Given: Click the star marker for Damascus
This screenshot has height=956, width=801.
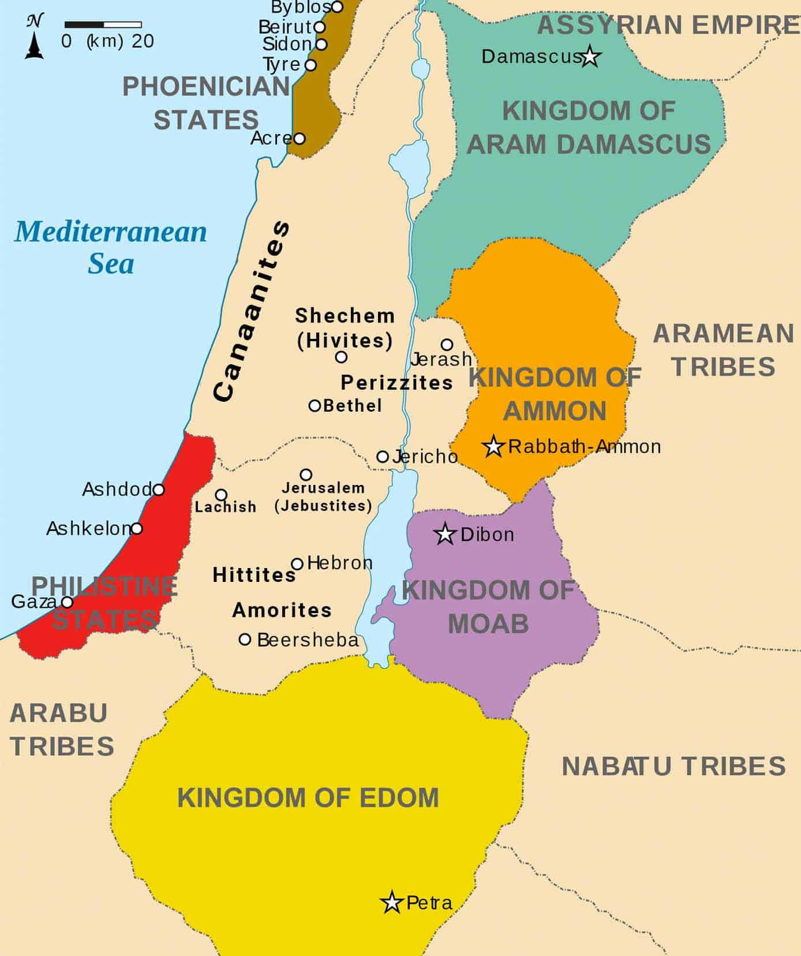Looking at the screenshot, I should (x=590, y=57).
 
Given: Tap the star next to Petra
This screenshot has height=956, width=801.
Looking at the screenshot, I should (x=392, y=902).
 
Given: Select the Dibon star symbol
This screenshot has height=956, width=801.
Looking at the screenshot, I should (x=445, y=534).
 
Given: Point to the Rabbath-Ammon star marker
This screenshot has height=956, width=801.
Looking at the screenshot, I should (x=493, y=446).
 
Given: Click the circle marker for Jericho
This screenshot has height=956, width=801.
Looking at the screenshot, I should (x=383, y=457).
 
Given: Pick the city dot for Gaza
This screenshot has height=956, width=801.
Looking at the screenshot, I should (x=67, y=602).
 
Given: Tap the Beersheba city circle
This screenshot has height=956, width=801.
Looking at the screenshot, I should (x=245, y=640).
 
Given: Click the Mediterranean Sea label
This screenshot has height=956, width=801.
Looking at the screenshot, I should (x=110, y=247).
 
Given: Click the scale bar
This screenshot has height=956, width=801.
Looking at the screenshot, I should (x=103, y=25).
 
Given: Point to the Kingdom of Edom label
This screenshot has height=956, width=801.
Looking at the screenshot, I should (x=308, y=798).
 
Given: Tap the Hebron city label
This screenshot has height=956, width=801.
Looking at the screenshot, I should (x=339, y=563).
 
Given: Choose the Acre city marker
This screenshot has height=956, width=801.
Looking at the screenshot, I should (x=299, y=139).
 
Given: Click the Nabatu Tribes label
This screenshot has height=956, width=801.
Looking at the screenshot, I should (x=673, y=767).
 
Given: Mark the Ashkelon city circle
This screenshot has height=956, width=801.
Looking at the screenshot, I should (x=137, y=528).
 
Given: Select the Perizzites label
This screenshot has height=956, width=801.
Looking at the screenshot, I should (x=396, y=382).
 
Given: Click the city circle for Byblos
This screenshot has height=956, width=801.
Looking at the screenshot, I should (x=337, y=7).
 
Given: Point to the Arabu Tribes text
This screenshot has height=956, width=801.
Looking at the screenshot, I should (x=61, y=730).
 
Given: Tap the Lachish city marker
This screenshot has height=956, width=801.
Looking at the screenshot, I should (x=221, y=495).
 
